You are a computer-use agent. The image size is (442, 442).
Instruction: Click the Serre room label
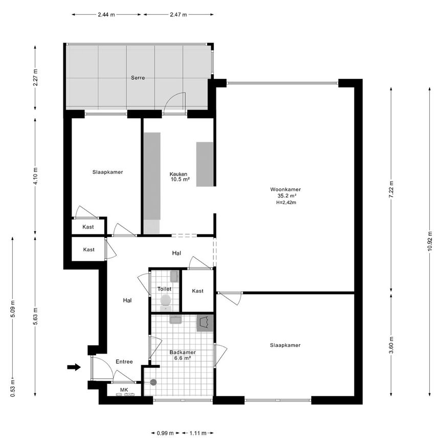pos(137,78)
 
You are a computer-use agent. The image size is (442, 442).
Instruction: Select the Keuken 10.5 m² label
pos(180,176)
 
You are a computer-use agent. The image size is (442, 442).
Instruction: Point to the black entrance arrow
pos(74,367)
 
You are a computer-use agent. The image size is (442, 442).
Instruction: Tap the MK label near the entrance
pos(124,390)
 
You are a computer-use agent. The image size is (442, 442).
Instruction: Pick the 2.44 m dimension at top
pos(107,14)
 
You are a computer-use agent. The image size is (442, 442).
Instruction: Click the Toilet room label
pos(164,289)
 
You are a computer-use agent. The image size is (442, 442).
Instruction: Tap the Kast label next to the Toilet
pos(197,291)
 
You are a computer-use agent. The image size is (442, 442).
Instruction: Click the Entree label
pos(124,362)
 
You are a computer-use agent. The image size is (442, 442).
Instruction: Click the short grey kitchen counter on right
pos(205,164)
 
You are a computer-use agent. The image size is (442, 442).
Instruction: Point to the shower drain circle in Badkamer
pos(152,382)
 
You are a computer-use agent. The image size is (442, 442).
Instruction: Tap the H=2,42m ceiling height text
pos(286,203)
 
